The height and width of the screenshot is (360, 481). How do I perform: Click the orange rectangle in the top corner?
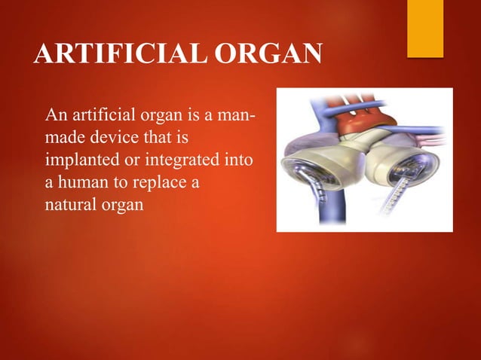pyautogui.click(x=425, y=27)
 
